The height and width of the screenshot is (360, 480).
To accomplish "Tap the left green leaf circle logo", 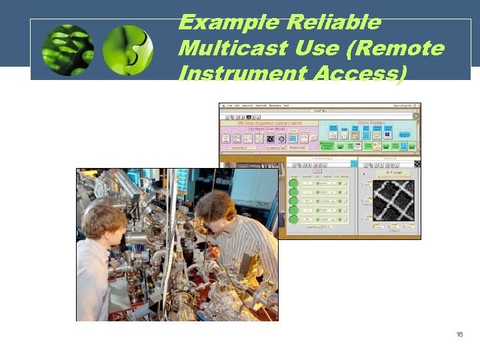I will tap(67, 49).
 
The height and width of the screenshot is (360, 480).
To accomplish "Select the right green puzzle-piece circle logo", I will tap(128, 49).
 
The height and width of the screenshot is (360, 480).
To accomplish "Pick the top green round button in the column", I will tap(293, 182).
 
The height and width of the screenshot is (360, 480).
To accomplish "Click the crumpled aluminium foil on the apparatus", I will tap(234, 307).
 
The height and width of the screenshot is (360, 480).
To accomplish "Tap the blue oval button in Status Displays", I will tap(404, 134).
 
